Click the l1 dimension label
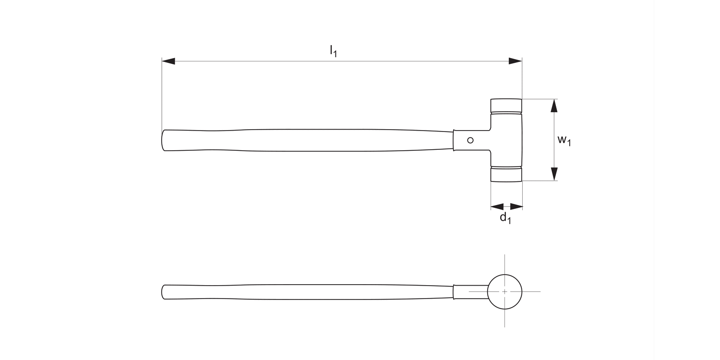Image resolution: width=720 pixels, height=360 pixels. pos(333,51)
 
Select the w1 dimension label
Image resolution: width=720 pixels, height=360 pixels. pos(564,140)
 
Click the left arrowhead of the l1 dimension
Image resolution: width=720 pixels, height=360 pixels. pos(168,61)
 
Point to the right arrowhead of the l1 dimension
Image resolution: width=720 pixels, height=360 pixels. pos(516,61)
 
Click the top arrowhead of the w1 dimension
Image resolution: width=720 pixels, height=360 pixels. pos(554,106)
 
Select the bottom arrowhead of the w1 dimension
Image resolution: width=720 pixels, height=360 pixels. pos(554,174)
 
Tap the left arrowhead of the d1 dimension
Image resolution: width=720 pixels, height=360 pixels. pos(497,206)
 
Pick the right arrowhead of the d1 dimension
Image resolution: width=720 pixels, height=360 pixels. pos(516,206)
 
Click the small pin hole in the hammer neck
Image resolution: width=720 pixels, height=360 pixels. pos(470,140)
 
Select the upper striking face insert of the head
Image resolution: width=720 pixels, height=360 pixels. pos(506,105)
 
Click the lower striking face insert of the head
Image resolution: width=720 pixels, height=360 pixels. pos(506,174)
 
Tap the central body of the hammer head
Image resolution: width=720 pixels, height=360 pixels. pos(506,140)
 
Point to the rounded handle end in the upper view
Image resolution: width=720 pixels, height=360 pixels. pos(164,140)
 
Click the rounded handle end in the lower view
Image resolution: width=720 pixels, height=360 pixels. pos(164,292)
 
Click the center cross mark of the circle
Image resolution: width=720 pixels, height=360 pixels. pos(504,291)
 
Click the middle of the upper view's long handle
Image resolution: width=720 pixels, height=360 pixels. pos(307,140)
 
